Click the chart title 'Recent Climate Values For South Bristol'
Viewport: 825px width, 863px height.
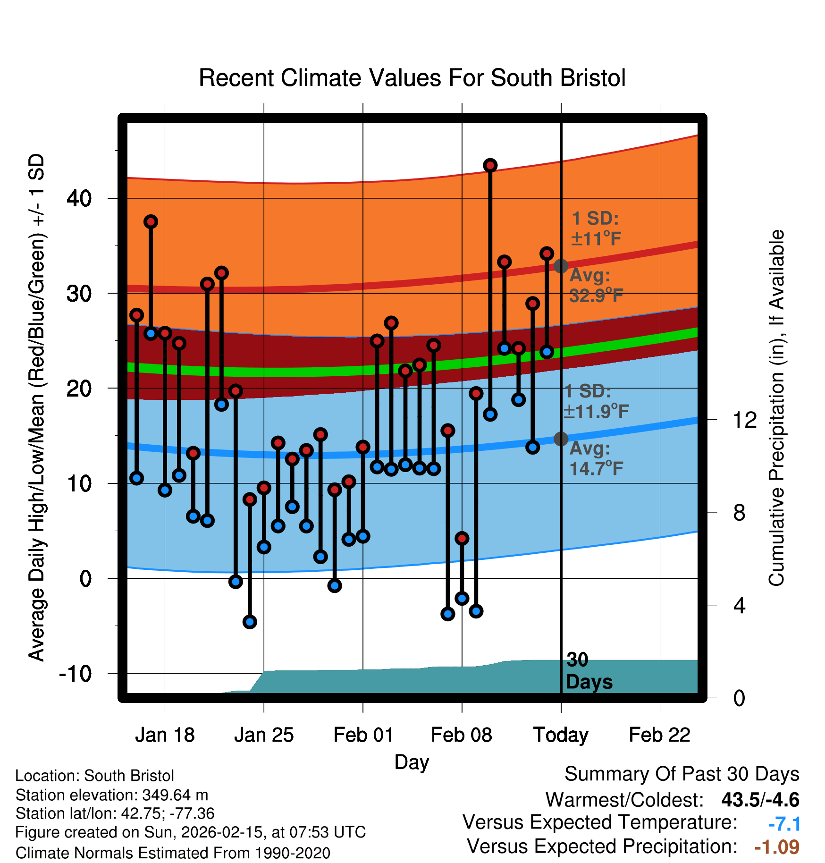(x=412, y=78)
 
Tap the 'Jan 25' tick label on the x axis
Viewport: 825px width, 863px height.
(x=264, y=735)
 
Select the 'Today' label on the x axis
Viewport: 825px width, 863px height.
(x=561, y=735)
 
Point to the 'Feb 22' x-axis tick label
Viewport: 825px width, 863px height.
(x=659, y=735)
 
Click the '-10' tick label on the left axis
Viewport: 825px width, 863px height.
(x=76, y=673)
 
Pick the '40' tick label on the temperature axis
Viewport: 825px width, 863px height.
(x=79, y=198)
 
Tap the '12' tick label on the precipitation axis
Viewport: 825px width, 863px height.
(x=744, y=420)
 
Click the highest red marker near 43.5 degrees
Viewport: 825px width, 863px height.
(x=490, y=165)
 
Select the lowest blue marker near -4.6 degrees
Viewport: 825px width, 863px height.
(x=250, y=622)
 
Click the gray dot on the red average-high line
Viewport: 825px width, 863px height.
(x=561, y=266)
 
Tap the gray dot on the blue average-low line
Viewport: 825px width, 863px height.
(x=561, y=439)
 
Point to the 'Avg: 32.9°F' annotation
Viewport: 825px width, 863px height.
(x=596, y=286)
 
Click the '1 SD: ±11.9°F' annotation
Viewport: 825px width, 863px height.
(x=596, y=401)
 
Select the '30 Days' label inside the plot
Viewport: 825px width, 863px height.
(x=589, y=671)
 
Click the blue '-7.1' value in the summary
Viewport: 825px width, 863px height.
(x=784, y=824)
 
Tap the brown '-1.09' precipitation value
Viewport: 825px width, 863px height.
(x=777, y=847)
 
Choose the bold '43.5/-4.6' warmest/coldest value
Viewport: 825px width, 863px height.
(x=760, y=800)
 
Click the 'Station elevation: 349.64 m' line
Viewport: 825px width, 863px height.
(x=112, y=795)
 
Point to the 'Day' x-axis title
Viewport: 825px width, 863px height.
(x=412, y=761)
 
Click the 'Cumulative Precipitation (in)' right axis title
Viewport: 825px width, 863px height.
(x=776, y=408)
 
